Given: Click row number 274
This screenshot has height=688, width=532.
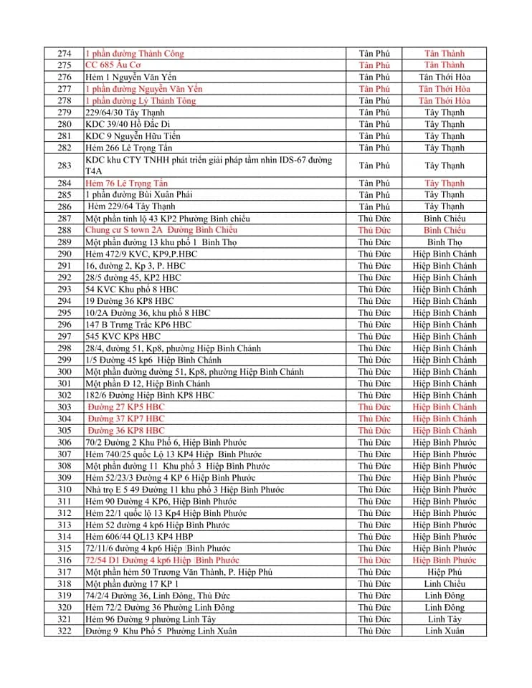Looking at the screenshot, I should point(65,53).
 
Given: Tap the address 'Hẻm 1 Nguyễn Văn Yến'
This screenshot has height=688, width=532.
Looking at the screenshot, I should point(130,77).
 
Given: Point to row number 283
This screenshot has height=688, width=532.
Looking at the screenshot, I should point(65,166).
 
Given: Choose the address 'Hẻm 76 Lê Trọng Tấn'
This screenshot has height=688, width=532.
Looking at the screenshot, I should point(126,183).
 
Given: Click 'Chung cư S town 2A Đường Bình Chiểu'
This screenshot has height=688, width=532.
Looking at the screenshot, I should point(161,230).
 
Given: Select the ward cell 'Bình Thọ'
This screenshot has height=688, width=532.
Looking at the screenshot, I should point(444,242).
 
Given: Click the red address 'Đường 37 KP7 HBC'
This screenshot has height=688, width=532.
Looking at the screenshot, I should point(126,419).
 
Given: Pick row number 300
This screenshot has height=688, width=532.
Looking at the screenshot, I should point(65,371).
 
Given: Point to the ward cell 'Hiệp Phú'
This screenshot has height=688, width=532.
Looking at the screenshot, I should point(444,572).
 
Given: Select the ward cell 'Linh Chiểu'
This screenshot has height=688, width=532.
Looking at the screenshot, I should point(444,584).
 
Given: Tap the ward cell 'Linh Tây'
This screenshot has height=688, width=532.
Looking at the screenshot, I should point(444,619).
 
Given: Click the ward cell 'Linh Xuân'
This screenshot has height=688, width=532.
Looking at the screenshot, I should point(444,631).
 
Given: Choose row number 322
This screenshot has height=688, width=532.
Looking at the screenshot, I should point(65,631).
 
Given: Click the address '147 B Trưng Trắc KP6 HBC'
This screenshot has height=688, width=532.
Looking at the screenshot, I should point(138,325).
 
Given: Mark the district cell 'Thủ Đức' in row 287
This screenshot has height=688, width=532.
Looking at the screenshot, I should point(374,219).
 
